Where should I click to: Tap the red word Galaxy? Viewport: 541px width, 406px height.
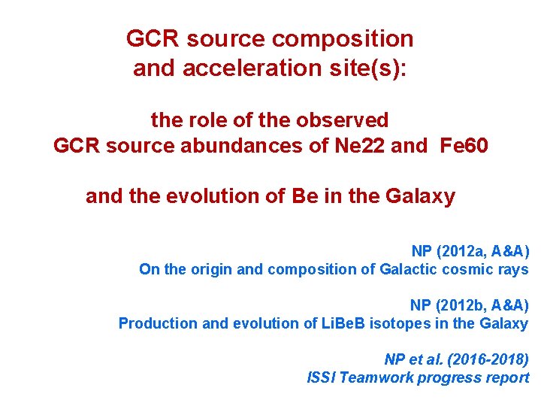click(420, 196)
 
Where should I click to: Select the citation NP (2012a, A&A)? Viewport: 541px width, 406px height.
click(470, 251)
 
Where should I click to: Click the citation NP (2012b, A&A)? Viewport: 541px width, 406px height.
click(469, 305)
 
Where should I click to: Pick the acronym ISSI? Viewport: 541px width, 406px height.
click(322, 377)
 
